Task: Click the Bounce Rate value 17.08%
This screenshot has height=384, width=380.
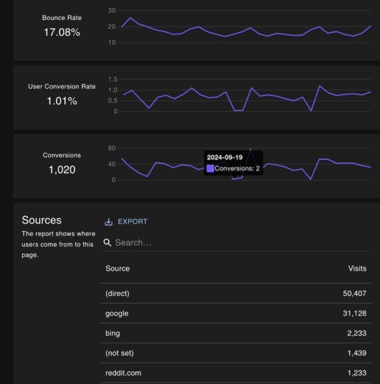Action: pos(61,32)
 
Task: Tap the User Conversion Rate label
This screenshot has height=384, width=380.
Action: pos(61,87)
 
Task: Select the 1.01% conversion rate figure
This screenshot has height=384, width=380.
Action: pos(61,101)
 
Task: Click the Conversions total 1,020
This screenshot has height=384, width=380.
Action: pos(61,170)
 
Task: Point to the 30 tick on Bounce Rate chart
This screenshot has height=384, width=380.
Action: pos(111,11)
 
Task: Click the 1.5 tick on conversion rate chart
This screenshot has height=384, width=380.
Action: pos(112,79)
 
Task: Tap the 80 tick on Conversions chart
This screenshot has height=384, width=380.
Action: pos(111,148)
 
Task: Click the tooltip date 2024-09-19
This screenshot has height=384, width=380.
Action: pos(224,157)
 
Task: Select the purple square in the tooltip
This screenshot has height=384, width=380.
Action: pos(210,169)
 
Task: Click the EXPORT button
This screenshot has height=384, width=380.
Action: pos(132,221)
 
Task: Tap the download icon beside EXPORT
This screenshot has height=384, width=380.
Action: pos(109,221)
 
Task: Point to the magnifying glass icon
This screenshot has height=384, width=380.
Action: pos(107,243)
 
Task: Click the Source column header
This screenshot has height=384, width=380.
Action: pos(117,269)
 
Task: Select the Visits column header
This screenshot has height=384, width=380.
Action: pos(357,269)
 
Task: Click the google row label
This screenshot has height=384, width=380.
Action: pos(117,313)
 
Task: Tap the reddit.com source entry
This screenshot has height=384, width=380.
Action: pos(123,373)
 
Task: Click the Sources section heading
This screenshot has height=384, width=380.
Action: pos(41,220)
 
